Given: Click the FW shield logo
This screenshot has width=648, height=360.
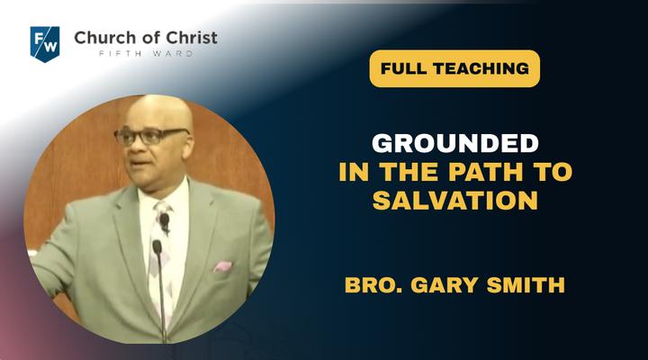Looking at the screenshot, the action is (45, 44).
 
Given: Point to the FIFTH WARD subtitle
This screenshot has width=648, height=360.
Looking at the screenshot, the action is (146, 54).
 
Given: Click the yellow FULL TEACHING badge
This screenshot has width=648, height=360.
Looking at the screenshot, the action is (454, 68).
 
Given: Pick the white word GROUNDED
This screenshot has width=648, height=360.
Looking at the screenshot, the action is (455, 143).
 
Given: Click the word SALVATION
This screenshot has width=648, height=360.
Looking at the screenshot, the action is (455, 201).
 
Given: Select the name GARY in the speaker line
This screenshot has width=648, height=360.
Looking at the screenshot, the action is (445, 285).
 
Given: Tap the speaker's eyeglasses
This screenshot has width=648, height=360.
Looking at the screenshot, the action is (150, 137).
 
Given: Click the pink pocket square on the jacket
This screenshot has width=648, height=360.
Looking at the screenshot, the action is (223, 266).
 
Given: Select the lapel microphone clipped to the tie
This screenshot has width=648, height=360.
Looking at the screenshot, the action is (165, 221).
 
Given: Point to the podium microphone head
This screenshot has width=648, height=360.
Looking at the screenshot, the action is (157, 247).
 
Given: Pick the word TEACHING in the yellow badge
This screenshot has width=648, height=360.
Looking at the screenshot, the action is (481, 68).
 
